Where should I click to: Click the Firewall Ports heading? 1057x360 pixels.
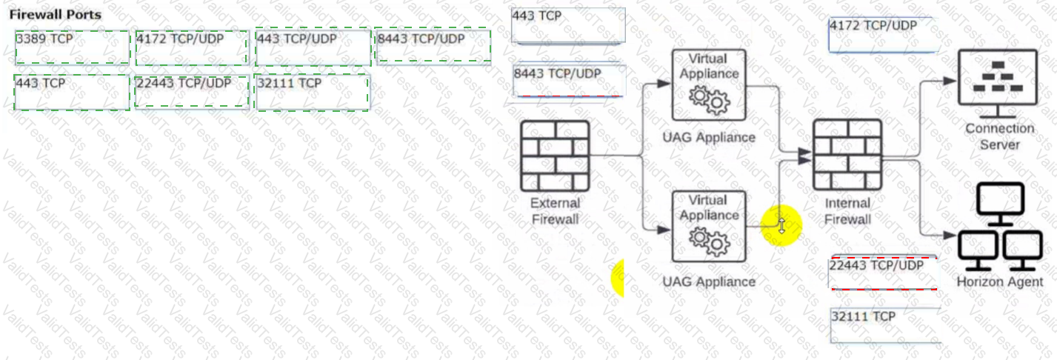[56, 15]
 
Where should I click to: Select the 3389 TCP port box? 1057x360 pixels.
[73, 47]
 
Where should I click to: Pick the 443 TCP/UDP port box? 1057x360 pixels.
[313, 47]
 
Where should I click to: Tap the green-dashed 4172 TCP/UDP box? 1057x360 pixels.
[192, 47]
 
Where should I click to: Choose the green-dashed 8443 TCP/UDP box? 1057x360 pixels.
[433, 47]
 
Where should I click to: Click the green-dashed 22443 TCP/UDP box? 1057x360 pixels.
[192, 92]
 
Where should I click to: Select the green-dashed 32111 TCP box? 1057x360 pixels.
[312, 92]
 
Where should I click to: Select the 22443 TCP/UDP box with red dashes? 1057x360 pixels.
[884, 273]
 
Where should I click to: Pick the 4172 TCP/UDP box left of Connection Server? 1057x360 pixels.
[884, 36]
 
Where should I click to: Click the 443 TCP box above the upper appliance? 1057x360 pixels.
[568, 26]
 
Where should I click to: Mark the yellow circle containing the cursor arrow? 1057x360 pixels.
[781, 225]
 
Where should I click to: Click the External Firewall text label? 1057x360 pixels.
[556, 211]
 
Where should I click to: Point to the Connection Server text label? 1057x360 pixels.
[1000, 136]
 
